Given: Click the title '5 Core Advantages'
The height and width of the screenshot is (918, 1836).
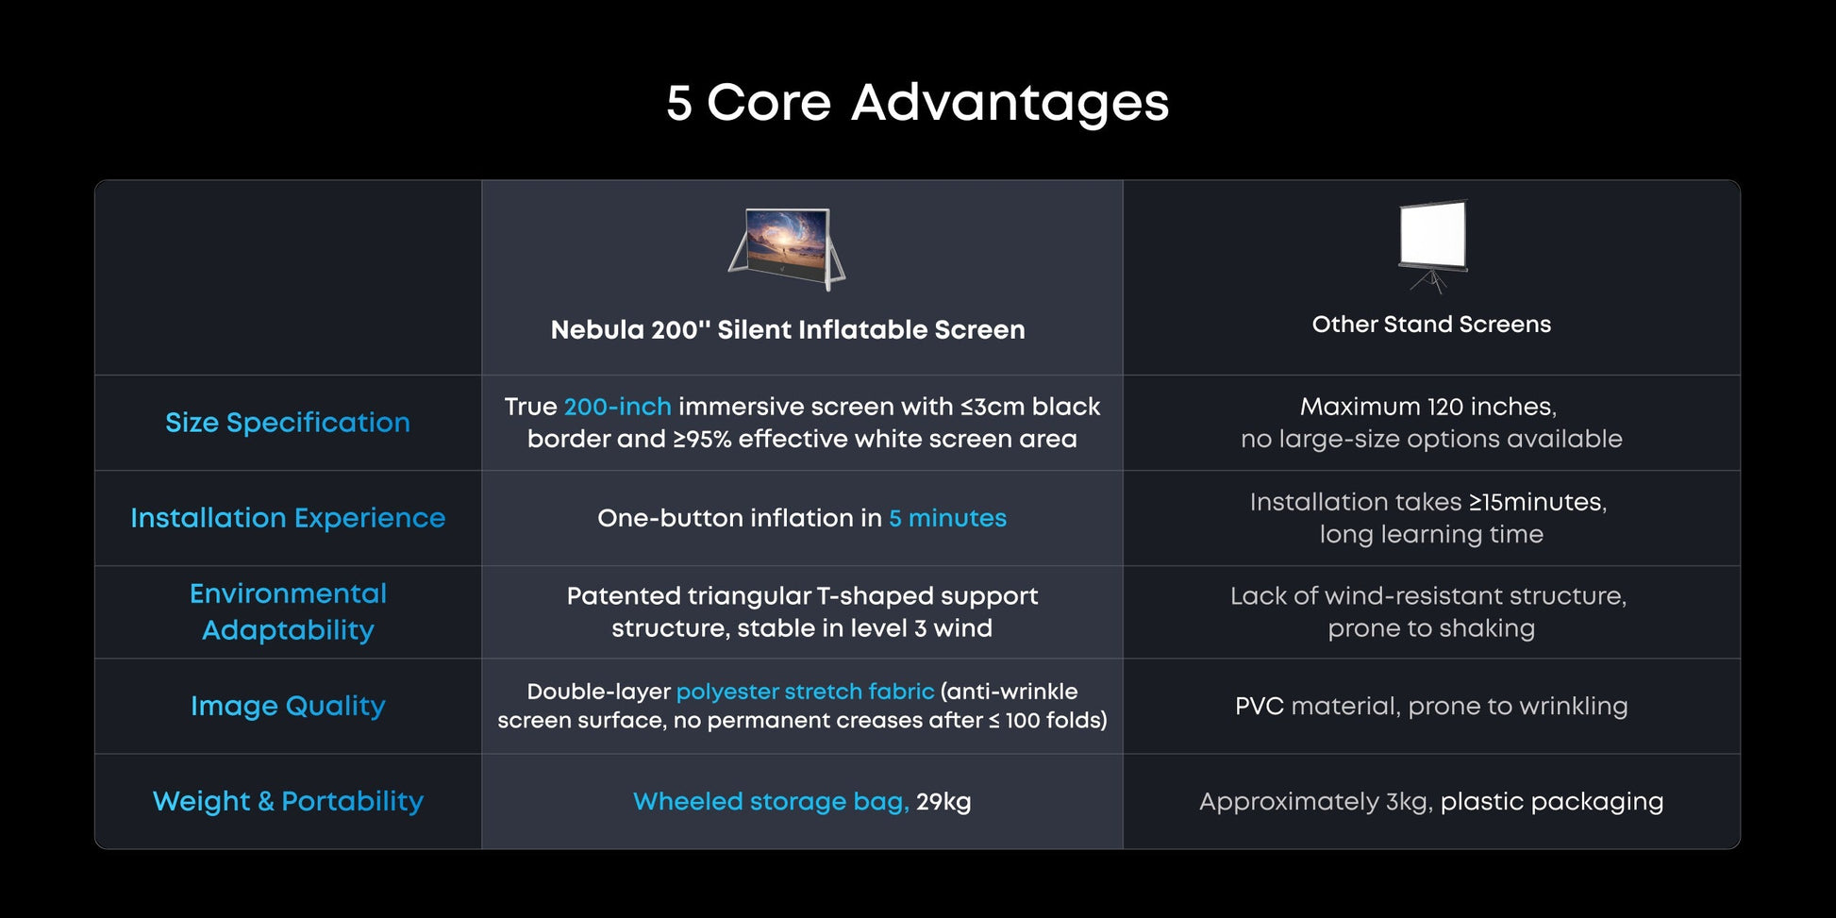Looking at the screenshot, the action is [x=917, y=102].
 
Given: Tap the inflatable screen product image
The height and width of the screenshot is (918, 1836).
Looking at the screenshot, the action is [x=787, y=248].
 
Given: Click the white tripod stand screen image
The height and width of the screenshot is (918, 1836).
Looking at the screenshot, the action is [x=1432, y=244].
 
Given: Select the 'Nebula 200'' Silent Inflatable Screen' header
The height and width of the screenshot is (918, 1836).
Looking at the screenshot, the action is [x=788, y=329].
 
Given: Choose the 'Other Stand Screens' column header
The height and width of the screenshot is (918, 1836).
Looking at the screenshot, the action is [x=1431, y=324].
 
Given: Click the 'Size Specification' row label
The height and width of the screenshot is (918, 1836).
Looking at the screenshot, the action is [x=288, y=423].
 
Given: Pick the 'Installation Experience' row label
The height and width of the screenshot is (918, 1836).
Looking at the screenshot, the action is [x=288, y=518].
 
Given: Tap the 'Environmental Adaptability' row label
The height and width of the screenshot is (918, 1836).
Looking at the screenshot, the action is [x=288, y=611].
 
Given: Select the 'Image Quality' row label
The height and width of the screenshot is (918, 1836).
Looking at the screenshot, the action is [x=288, y=706].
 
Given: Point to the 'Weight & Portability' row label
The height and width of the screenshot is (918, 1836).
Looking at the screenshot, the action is [x=288, y=801].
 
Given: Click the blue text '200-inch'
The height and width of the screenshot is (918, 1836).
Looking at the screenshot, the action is [x=617, y=407].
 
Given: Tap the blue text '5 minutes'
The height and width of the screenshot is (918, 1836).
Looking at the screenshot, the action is [x=947, y=518].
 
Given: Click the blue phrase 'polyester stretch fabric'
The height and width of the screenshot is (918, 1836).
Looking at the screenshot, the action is [x=805, y=692].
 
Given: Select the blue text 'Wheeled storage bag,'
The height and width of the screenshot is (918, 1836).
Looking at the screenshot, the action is [x=771, y=801].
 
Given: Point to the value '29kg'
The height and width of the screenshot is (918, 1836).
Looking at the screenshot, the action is [x=943, y=802].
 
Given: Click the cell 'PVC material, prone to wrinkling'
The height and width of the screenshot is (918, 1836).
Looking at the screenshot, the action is [x=1431, y=706].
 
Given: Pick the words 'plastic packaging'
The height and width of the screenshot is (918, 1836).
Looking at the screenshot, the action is [x=1552, y=802].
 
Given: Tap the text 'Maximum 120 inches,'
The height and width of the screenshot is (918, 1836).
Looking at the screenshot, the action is [x=1428, y=407].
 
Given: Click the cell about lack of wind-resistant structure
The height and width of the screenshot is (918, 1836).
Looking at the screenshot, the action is [x=1429, y=611].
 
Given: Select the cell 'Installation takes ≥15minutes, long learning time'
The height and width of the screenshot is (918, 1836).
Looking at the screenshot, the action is [x=1429, y=518].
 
